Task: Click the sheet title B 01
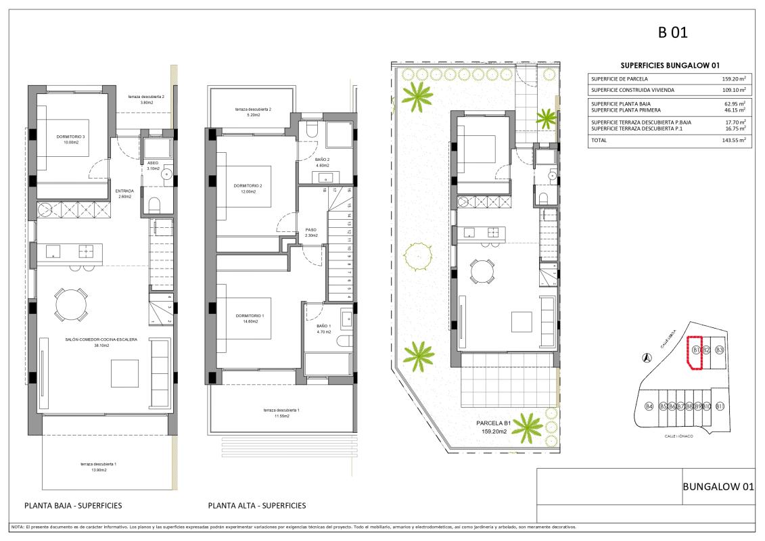click(x=672, y=32)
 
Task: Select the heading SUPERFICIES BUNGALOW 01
click(x=669, y=65)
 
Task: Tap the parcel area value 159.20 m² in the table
click(x=733, y=78)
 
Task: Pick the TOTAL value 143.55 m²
click(x=733, y=140)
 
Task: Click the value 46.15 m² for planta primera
click(x=735, y=109)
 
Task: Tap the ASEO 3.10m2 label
click(x=154, y=166)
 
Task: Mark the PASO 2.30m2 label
click(x=311, y=232)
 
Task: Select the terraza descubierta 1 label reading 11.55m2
click(x=281, y=413)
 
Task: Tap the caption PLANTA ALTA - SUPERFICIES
click(x=257, y=505)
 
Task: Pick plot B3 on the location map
click(x=720, y=350)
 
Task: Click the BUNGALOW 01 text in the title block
click(x=718, y=486)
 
